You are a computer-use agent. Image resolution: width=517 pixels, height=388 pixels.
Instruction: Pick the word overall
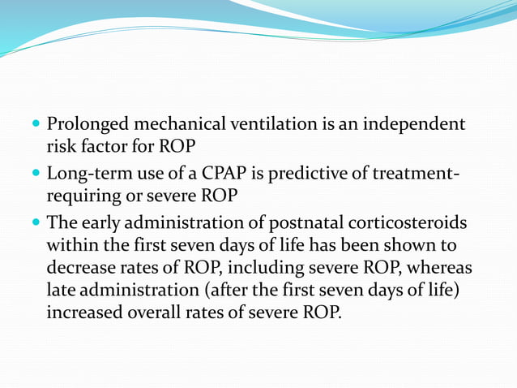click(x=156, y=310)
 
